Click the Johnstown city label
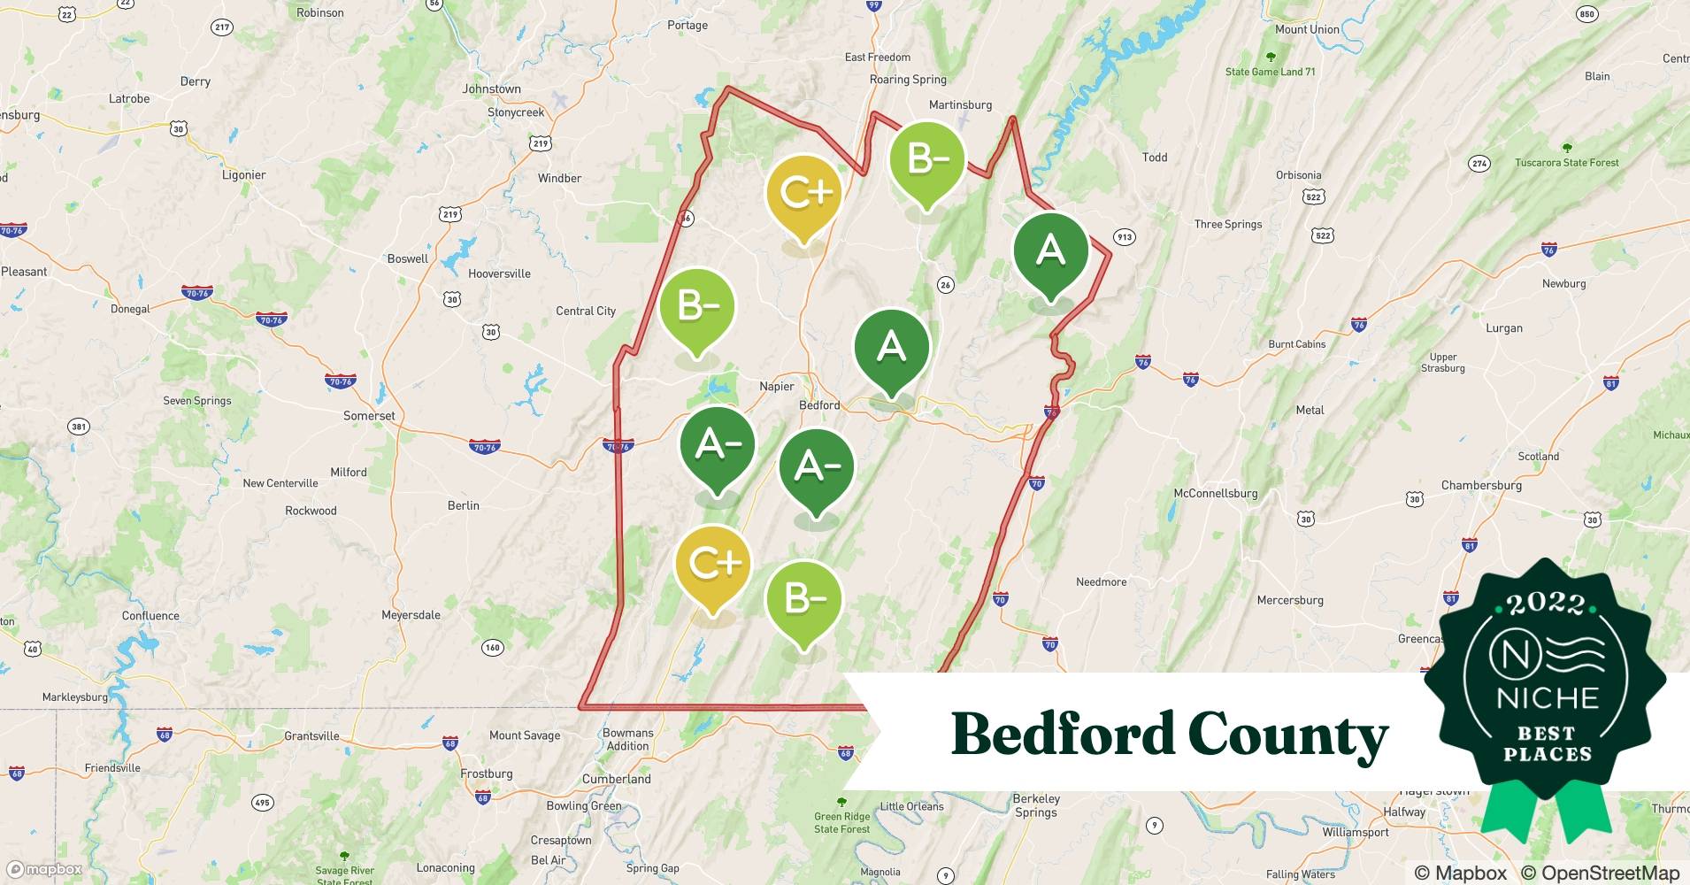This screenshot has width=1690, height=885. [491, 89]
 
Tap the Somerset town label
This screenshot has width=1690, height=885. [369, 416]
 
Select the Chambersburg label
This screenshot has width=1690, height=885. [1481, 485]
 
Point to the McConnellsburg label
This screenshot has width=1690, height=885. [1215, 493]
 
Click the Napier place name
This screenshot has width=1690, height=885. [777, 386]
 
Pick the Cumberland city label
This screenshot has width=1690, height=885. [616, 779]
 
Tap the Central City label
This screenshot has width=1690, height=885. [586, 311]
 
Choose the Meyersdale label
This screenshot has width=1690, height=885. [411, 615]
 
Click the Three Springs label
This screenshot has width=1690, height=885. [1228, 224]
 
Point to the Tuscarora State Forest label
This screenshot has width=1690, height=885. [1566, 163]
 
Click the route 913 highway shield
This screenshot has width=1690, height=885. [1124, 237]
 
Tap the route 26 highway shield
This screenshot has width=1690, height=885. [946, 285]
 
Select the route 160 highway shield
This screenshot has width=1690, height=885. [493, 648]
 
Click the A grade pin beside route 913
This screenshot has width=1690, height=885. [1050, 252]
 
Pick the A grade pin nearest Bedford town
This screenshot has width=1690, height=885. [891, 347]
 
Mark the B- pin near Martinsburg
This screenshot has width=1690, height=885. [926, 159]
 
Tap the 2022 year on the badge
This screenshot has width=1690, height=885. [1545, 604]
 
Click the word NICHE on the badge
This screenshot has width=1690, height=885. [1547, 698]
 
